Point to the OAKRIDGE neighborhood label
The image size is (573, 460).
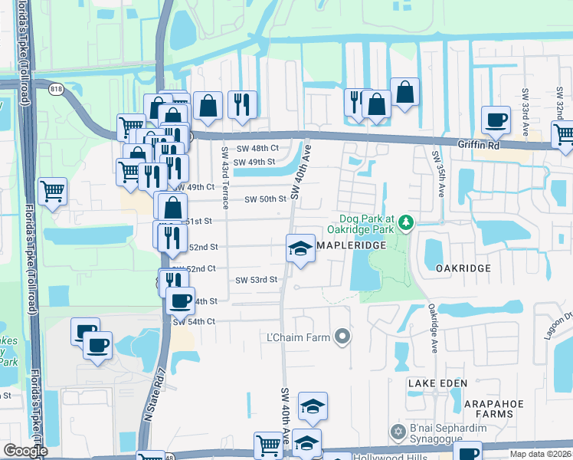click(463, 268)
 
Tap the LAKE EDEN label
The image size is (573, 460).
click(434, 383)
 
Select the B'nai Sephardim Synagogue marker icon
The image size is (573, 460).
click(397, 432)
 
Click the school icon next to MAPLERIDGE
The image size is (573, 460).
click(300, 248)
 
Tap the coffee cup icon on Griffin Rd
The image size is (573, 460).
click(496, 120)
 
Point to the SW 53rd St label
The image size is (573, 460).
click(256, 281)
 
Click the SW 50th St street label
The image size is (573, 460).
click(265, 199)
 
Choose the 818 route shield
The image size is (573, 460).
click(57, 89)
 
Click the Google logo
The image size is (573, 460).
click(25, 452)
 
